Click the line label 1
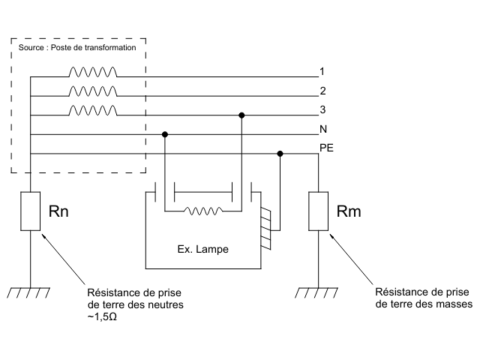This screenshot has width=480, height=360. [321, 72]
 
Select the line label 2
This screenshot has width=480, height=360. [321, 91]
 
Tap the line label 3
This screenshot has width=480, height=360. [321, 110]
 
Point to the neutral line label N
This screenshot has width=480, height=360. [322, 129]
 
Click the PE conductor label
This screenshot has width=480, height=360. [326, 148]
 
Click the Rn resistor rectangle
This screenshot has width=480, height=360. [30, 210]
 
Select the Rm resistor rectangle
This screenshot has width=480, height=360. [318, 210]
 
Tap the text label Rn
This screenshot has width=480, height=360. [60, 211]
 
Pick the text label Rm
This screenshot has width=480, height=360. [349, 211]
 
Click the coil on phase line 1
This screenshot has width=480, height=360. [93, 73]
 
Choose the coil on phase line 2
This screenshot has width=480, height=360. [93, 91]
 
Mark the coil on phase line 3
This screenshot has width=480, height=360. [93, 111]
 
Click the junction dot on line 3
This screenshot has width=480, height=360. [241, 115]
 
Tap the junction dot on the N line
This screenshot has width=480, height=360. [165, 135]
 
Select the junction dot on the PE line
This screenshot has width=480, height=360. [280, 154]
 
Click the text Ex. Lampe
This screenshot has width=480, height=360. [202, 247]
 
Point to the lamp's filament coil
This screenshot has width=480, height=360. [202, 211]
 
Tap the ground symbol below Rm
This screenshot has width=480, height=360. [318, 292]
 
